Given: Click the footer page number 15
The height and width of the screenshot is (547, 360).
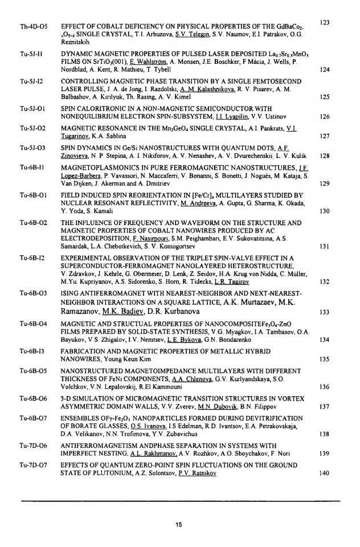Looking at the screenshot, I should pyautogui.click(x=180, y=525).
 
